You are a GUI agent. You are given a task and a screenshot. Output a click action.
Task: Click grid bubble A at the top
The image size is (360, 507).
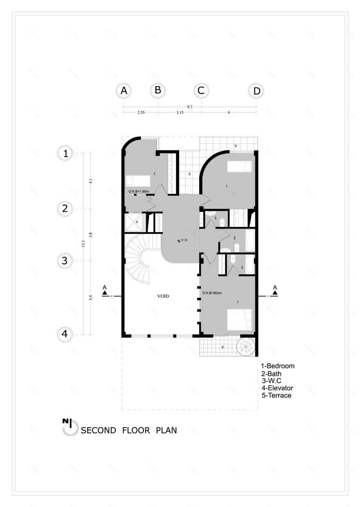[x=123, y=91]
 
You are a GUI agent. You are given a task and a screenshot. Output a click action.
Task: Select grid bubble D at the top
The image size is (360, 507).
[x=256, y=91]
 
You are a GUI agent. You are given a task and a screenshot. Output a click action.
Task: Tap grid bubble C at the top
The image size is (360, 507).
[x=201, y=91]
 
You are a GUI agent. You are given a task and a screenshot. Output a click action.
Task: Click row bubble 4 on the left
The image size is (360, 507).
[x=65, y=334]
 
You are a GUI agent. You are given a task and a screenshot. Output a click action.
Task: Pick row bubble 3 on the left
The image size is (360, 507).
[x=65, y=260]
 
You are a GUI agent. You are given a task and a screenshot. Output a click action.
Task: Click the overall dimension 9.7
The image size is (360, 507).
[x=190, y=106]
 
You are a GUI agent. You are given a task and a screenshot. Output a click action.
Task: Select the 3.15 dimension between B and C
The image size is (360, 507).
[x=179, y=112]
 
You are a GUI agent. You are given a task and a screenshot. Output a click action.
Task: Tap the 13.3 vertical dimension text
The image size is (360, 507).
[x=83, y=244]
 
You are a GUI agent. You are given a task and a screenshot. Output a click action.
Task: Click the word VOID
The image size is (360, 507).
[x=163, y=295]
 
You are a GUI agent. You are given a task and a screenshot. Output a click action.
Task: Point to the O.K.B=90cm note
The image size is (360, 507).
[x=211, y=293]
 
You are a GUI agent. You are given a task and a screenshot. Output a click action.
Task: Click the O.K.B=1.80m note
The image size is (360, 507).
[x=138, y=191]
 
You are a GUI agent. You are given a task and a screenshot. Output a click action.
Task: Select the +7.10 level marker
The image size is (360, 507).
[x=182, y=240]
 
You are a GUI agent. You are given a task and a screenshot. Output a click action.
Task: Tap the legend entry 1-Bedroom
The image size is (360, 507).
[x=278, y=366]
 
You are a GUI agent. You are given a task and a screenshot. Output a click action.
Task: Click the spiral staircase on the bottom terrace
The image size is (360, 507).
[x=246, y=348]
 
